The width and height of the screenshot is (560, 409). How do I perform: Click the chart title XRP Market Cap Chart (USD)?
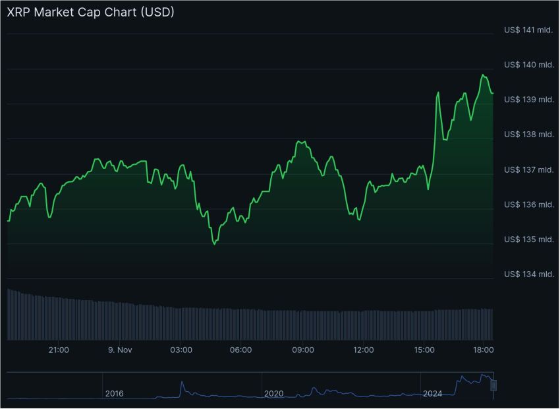pyautogui.click(x=90, y=13)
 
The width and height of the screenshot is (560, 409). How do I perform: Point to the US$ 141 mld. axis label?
pyautogui.click(x=528, y=30)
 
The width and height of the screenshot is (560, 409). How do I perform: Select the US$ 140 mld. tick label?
pyautogui.click(x=528, y=65)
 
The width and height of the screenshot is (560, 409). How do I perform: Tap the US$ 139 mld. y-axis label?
pyautogui.click(x=528, y=100)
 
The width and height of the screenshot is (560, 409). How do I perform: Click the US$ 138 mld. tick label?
pyautogui.click(x=528, y=135)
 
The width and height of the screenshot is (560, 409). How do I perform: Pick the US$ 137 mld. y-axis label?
pyautogui.click(x=528, y=170)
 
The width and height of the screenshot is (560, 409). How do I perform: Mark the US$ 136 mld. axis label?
pyautogui.click(x=528, y=204)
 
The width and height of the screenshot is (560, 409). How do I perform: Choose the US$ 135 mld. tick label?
pyautogui.click(x=528, y=239)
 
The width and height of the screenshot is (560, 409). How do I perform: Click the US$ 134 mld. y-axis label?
pyautogui.click(x=528, y=274)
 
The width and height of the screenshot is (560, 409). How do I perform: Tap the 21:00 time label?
pyautogui.click(x=59, y=350)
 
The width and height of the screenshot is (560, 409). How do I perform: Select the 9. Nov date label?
pyautogui.click(x=119, y=350)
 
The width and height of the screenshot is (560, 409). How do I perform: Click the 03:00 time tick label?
pyautogui.click(x=181, y=350)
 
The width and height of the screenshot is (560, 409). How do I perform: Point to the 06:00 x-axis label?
pyautogui.click(x=241, y=350)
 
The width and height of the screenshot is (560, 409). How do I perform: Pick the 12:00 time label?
pyautogui.click(x=364, y=350)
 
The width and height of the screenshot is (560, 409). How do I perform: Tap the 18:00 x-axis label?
pyautogui.click(x=484, y=350)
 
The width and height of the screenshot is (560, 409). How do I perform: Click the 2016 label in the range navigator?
pyautogui.click(x=114, y=394)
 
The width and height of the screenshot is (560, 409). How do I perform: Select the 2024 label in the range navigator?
pyautogui.click(x=433, y=394)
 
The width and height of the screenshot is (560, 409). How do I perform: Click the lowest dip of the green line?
pyautogui.click(x=215, y=244)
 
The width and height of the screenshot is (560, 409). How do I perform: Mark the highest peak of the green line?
pyautogui.click(x=483, y=75)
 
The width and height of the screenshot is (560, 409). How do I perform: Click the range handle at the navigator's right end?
pyautogui.click(x=493, y=385)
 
